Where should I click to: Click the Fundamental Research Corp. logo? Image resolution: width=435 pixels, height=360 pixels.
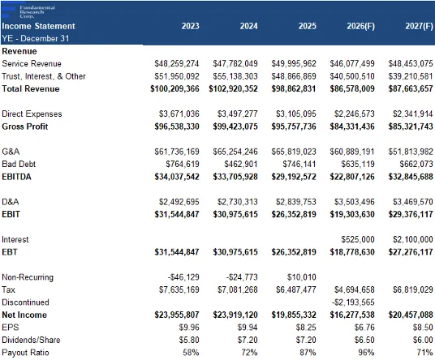point(28,12)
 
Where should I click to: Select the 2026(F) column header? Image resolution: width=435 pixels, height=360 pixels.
point(360,26)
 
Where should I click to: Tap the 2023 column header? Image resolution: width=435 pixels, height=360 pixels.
point(190,26)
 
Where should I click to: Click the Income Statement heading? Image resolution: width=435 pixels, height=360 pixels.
point(38,26)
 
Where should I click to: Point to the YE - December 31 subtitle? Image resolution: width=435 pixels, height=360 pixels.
point(35,38)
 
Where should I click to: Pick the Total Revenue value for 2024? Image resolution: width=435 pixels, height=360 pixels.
point(233,88)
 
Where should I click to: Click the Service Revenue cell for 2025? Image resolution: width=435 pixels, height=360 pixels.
point(294,63)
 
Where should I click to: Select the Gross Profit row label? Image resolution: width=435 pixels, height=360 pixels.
point(25,126)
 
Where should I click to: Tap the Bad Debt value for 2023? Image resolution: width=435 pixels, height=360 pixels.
point(183,164)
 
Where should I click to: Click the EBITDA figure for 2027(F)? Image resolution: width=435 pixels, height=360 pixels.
point(411,177)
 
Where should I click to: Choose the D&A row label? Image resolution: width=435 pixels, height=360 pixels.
point(11,202)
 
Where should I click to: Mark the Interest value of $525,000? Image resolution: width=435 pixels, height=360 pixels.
point(358,239)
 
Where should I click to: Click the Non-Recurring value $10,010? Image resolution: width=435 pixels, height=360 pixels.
point(301,277)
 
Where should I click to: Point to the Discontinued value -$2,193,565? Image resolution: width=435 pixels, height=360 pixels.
point(353,302)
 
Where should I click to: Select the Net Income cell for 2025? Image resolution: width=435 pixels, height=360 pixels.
point(294,315)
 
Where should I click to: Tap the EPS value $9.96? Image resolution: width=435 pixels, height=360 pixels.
point(189,328)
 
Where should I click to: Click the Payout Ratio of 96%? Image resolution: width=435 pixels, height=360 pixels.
point(366,353)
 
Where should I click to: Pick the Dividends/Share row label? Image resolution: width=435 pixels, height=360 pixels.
point(31,340)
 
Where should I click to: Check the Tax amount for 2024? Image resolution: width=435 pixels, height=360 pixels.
point(237,289)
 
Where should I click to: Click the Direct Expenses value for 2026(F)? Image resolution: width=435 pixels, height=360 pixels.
point(355,114)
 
